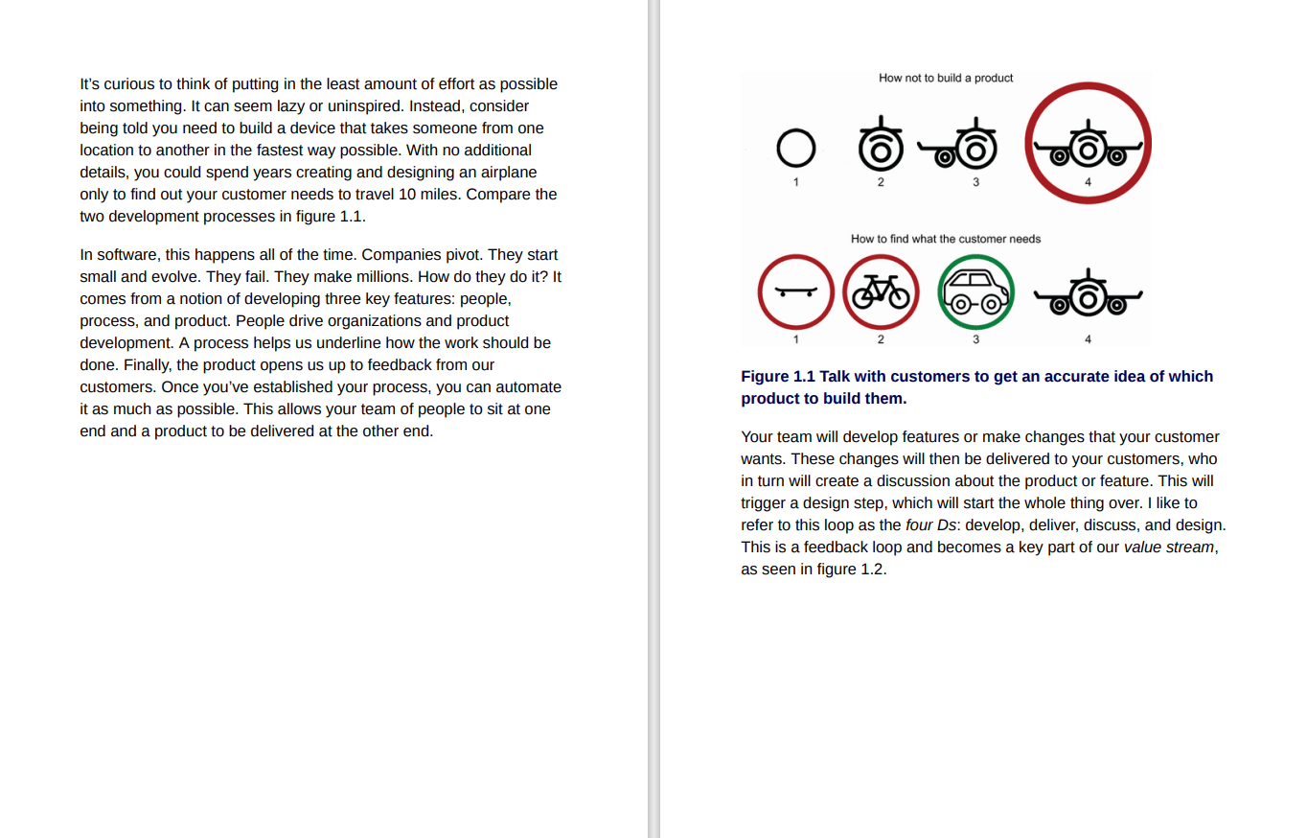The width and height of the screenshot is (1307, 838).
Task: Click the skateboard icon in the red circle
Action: (x=795, y=292)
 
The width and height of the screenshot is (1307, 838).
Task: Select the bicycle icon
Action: (x=881, y=292)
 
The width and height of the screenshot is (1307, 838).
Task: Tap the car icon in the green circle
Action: (x=975, y=292)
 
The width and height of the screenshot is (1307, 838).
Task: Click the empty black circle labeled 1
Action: (x=795, y=150)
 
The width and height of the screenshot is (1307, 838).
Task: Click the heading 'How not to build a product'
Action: (x=946, y=78)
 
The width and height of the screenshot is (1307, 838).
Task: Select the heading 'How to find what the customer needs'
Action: (x=946, y=239)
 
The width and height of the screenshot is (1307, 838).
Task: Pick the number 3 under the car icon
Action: (x=975, y=338)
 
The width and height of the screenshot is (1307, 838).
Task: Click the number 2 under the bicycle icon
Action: (x=881, y=338)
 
